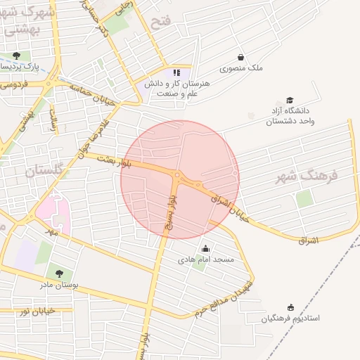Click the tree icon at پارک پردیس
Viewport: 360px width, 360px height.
click(16, 56)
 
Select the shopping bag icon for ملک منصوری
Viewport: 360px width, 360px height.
click(241, 57)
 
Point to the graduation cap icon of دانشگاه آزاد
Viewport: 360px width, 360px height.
click(289, 101)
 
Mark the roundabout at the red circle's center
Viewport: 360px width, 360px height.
click(178, 176)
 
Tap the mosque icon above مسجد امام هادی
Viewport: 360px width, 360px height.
click(205, 248)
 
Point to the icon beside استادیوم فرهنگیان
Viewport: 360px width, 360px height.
click(291, 307)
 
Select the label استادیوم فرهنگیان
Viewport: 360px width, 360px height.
click(290, 319)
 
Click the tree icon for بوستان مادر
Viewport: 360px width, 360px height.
click(58, 274)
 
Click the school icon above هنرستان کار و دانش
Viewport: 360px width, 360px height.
click(177, 72)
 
